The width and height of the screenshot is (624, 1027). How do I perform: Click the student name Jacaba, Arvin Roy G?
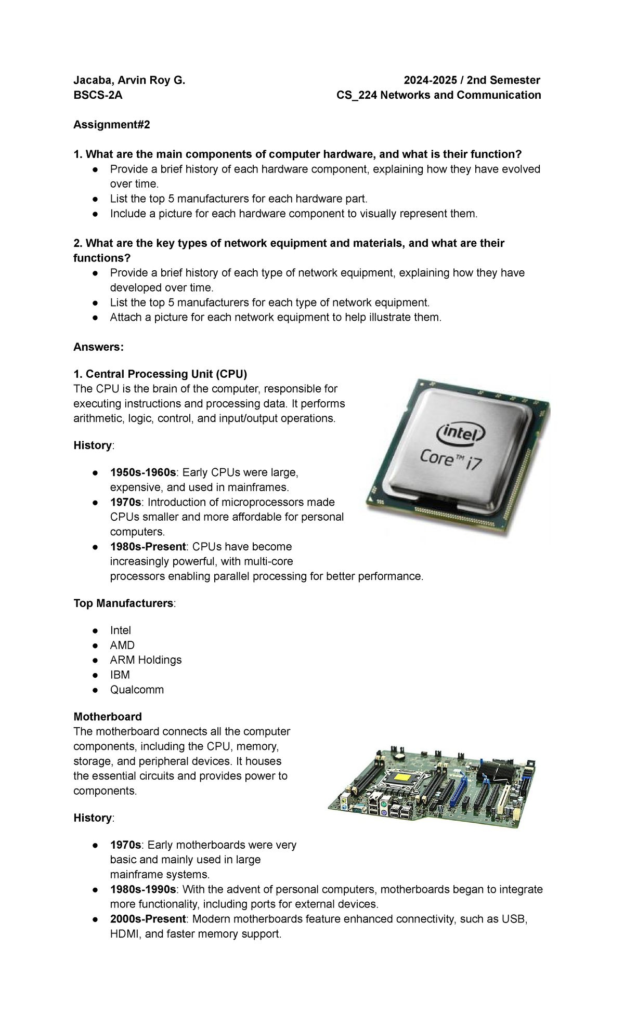(129, 80)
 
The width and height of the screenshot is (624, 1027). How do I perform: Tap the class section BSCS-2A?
(98, 95)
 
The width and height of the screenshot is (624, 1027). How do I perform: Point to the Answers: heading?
(99, 347)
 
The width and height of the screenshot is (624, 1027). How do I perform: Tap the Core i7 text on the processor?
(451, 460)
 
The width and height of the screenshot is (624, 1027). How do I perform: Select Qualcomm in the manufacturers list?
(137, 690)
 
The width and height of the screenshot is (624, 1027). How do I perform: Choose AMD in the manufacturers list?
(122, 645)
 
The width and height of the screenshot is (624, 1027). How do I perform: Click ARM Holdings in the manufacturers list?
(146, 660)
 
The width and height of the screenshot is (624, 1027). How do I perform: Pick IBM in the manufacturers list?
(120, 675)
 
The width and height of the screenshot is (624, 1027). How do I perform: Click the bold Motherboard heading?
(108, 717)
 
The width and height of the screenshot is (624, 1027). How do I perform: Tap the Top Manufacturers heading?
(123, 603)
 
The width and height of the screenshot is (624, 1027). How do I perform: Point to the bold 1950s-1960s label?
(143, 472)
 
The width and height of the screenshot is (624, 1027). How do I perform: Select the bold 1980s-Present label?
(148, 547)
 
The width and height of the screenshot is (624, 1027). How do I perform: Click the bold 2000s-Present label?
(148, 919)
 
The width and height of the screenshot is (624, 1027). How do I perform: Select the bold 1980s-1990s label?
(143, 889)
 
